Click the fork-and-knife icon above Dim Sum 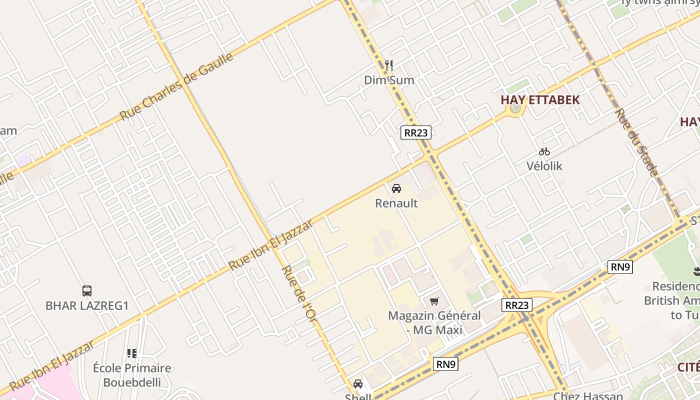click(x=389, y=65)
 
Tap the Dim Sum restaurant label click(x=389, y=80)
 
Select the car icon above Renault click(x=396, y=188)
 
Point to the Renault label click(x=396, y=203)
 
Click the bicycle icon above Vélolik click(x=544, y=151)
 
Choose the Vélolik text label click(x=544, y=166)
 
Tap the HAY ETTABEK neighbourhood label click(x=540, y=99)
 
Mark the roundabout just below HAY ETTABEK click(x=516, y=108)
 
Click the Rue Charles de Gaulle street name click(x=177, y=86)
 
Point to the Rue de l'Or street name click(x=299, y=293)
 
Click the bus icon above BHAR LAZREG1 click(x=87, y=290)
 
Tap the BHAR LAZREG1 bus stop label click(x=87, y=305)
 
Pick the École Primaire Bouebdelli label click(x=132, y=375)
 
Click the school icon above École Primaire click(x=132, y=353)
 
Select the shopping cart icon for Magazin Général click(x=434, y=301)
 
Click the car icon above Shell click(x=358, y=384)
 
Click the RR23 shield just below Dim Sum click(x=415, y=132)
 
